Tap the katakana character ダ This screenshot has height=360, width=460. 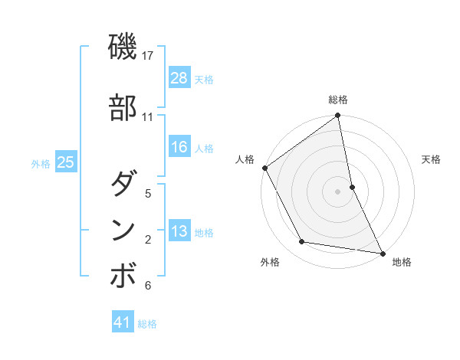click(x=123, y=184)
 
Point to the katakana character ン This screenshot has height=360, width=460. click(x=123, y=230)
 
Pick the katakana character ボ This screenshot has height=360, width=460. click(x=123, y=276)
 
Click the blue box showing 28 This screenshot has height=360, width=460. click(x=179, y=78)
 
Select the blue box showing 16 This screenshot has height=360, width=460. click(x=179, y=147)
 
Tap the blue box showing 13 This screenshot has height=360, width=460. click(x=179, y=231)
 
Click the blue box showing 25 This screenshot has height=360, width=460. click(x=66, y=162)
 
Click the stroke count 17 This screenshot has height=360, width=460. click(x=148, y=56)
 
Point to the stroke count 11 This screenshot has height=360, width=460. click(x=148, y=117)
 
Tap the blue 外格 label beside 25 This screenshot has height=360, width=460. click(x=41, y=163)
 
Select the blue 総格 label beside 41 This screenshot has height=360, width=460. click(x=147, y=323)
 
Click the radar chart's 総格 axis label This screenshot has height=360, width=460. click(x=338, y=100)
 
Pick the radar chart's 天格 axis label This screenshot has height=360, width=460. click(x=431, y=159)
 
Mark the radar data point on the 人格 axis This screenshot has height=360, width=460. click(x=265, y=168)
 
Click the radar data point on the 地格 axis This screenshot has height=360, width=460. click(x=382, y=252)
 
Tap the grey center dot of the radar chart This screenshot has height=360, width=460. click(x=338, y=191)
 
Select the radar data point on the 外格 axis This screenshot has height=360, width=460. click(x=302, y=242)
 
